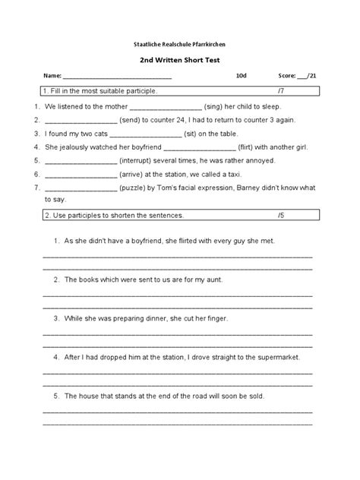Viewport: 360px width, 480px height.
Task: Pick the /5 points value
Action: [282, 216]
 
